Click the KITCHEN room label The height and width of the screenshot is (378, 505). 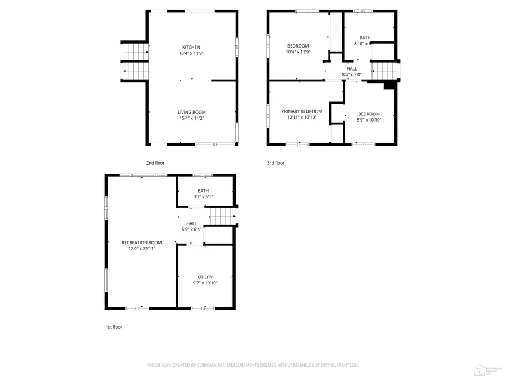191,47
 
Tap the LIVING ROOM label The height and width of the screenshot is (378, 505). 191,112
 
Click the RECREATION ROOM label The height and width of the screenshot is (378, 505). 142,242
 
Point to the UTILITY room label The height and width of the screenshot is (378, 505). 205,277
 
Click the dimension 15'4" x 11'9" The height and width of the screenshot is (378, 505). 191,53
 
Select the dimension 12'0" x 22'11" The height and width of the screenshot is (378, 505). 142,249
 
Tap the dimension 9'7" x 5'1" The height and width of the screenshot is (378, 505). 203,197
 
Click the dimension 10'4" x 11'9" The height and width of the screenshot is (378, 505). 299,52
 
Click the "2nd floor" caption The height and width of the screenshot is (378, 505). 155,163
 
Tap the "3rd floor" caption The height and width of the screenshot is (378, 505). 276,163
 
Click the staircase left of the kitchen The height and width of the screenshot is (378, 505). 135,62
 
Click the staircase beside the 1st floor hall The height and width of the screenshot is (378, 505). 222,216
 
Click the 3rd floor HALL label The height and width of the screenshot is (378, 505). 351,69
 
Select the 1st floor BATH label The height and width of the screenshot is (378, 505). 203,190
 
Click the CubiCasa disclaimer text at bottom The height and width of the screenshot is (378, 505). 252,365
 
